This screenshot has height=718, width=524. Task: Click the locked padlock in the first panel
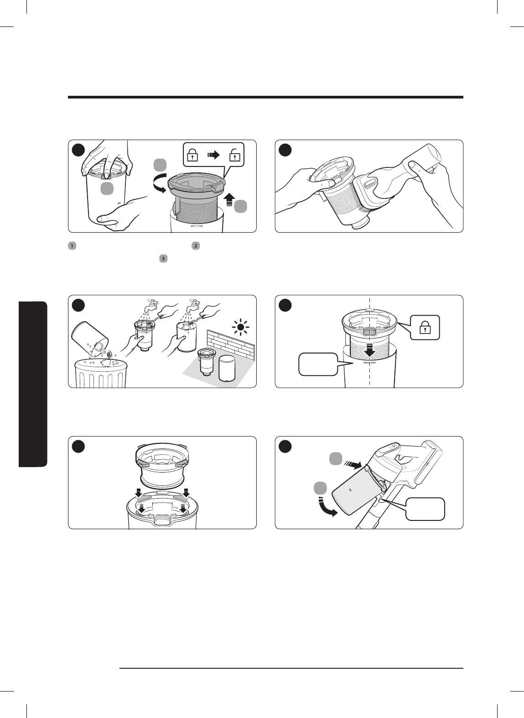pos(192,155)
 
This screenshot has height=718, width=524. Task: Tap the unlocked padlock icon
pos(235,155)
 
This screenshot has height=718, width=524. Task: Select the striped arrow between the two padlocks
pos(213,155)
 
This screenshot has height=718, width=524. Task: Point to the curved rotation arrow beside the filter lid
pos(160,183)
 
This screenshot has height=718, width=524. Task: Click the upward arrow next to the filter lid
pos(229,200)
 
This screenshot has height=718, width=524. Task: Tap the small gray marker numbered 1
pos(72,246)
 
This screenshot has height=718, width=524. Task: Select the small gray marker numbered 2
pos(196,246)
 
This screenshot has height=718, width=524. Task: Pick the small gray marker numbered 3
pos(163,258)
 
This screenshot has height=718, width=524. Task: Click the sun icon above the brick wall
pos(241,328)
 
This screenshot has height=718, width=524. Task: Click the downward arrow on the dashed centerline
pos(370,350)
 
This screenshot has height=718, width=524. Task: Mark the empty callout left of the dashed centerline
pos(318,364)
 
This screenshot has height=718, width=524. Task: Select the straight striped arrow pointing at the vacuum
pos(353,464)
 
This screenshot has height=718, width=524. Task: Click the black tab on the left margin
pos(33,384)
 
